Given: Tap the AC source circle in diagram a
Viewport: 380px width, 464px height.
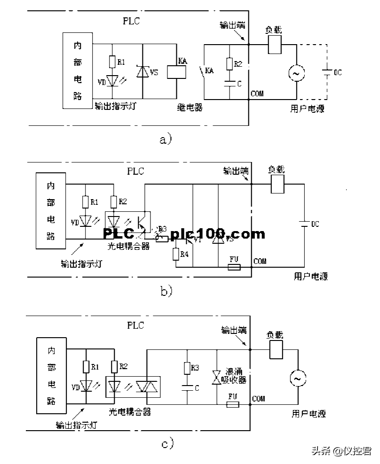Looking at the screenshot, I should pos(296,73).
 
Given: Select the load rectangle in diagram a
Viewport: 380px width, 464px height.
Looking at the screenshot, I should pos(275,45).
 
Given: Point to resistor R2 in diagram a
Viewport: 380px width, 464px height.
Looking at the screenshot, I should pos(230,63).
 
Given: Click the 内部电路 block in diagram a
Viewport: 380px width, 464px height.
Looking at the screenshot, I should pos(78,70).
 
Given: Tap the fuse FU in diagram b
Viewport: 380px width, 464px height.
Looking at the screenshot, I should pos(234,267).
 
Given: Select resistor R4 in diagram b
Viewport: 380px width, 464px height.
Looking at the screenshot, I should pos(175,254).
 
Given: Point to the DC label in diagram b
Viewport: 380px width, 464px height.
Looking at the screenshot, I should pos(314,224).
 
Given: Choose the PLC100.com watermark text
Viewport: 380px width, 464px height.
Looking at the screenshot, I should pos(183,233).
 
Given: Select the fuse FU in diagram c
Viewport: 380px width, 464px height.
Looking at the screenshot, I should pos(232,403).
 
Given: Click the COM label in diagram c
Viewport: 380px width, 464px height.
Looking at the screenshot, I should pos(258,399).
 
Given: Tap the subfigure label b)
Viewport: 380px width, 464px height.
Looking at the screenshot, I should pos(166,291).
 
